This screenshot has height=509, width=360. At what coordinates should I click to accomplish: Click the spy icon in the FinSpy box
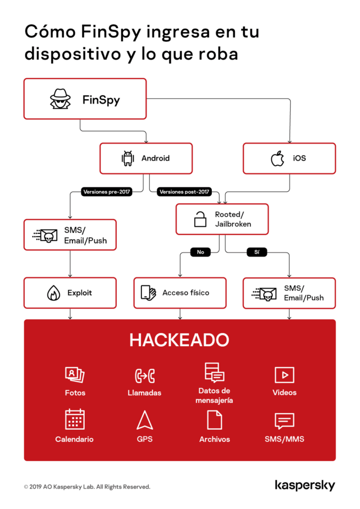coord(61,99)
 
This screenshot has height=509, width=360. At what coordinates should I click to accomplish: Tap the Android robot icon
coord(128,158)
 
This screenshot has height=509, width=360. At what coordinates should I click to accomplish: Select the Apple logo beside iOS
coord(277,158)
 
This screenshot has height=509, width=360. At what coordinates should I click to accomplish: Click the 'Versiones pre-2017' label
coord(107,192)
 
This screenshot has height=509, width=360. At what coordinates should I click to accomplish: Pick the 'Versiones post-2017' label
coord(184,192)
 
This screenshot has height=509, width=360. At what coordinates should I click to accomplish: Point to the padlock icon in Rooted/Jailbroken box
coord(200,219)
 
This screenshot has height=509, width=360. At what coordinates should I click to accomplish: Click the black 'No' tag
coord(200,253)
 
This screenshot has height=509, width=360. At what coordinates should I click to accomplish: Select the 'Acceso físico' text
coord(186,293)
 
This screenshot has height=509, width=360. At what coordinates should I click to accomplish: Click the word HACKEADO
coord(179,340)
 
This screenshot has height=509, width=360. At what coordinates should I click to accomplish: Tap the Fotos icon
coord(74,375)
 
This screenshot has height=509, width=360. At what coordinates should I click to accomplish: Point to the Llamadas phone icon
coord(145,376)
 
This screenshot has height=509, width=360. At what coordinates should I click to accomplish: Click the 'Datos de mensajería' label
coord(214,396)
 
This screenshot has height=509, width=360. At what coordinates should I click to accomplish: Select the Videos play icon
coord(284,375)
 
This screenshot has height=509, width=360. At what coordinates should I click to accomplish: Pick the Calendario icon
coord(74,419)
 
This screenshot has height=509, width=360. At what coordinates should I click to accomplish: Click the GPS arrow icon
coord(145,420)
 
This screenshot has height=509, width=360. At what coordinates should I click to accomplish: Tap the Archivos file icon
coord(214,420)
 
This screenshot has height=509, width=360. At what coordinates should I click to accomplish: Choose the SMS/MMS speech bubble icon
coord(284,421)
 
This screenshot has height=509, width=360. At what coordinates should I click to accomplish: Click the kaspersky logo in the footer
coord(304,485)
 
